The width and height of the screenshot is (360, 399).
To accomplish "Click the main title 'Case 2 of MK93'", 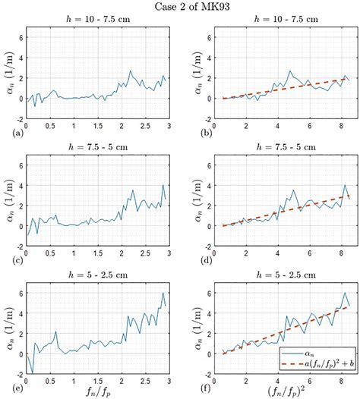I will (x=181, y=7).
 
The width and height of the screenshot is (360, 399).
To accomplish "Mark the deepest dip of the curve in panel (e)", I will (x=32, y=372).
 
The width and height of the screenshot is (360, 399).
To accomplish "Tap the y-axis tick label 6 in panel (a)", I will (x=20, y=36).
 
